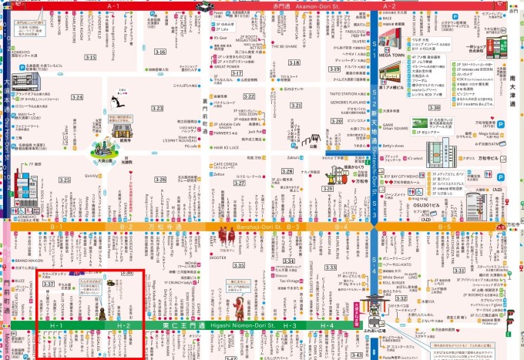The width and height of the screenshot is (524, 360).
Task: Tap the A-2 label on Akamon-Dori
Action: click(390, 6)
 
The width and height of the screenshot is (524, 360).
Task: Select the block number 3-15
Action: click(90, 58)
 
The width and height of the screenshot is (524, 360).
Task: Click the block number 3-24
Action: click(77, 97)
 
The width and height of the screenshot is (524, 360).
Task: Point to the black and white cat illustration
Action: click(116, 100)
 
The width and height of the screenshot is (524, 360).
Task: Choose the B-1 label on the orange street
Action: click(56, 227)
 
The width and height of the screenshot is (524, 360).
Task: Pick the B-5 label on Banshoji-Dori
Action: click(444, 227)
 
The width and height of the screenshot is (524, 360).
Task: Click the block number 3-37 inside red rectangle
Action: click(48, 284)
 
